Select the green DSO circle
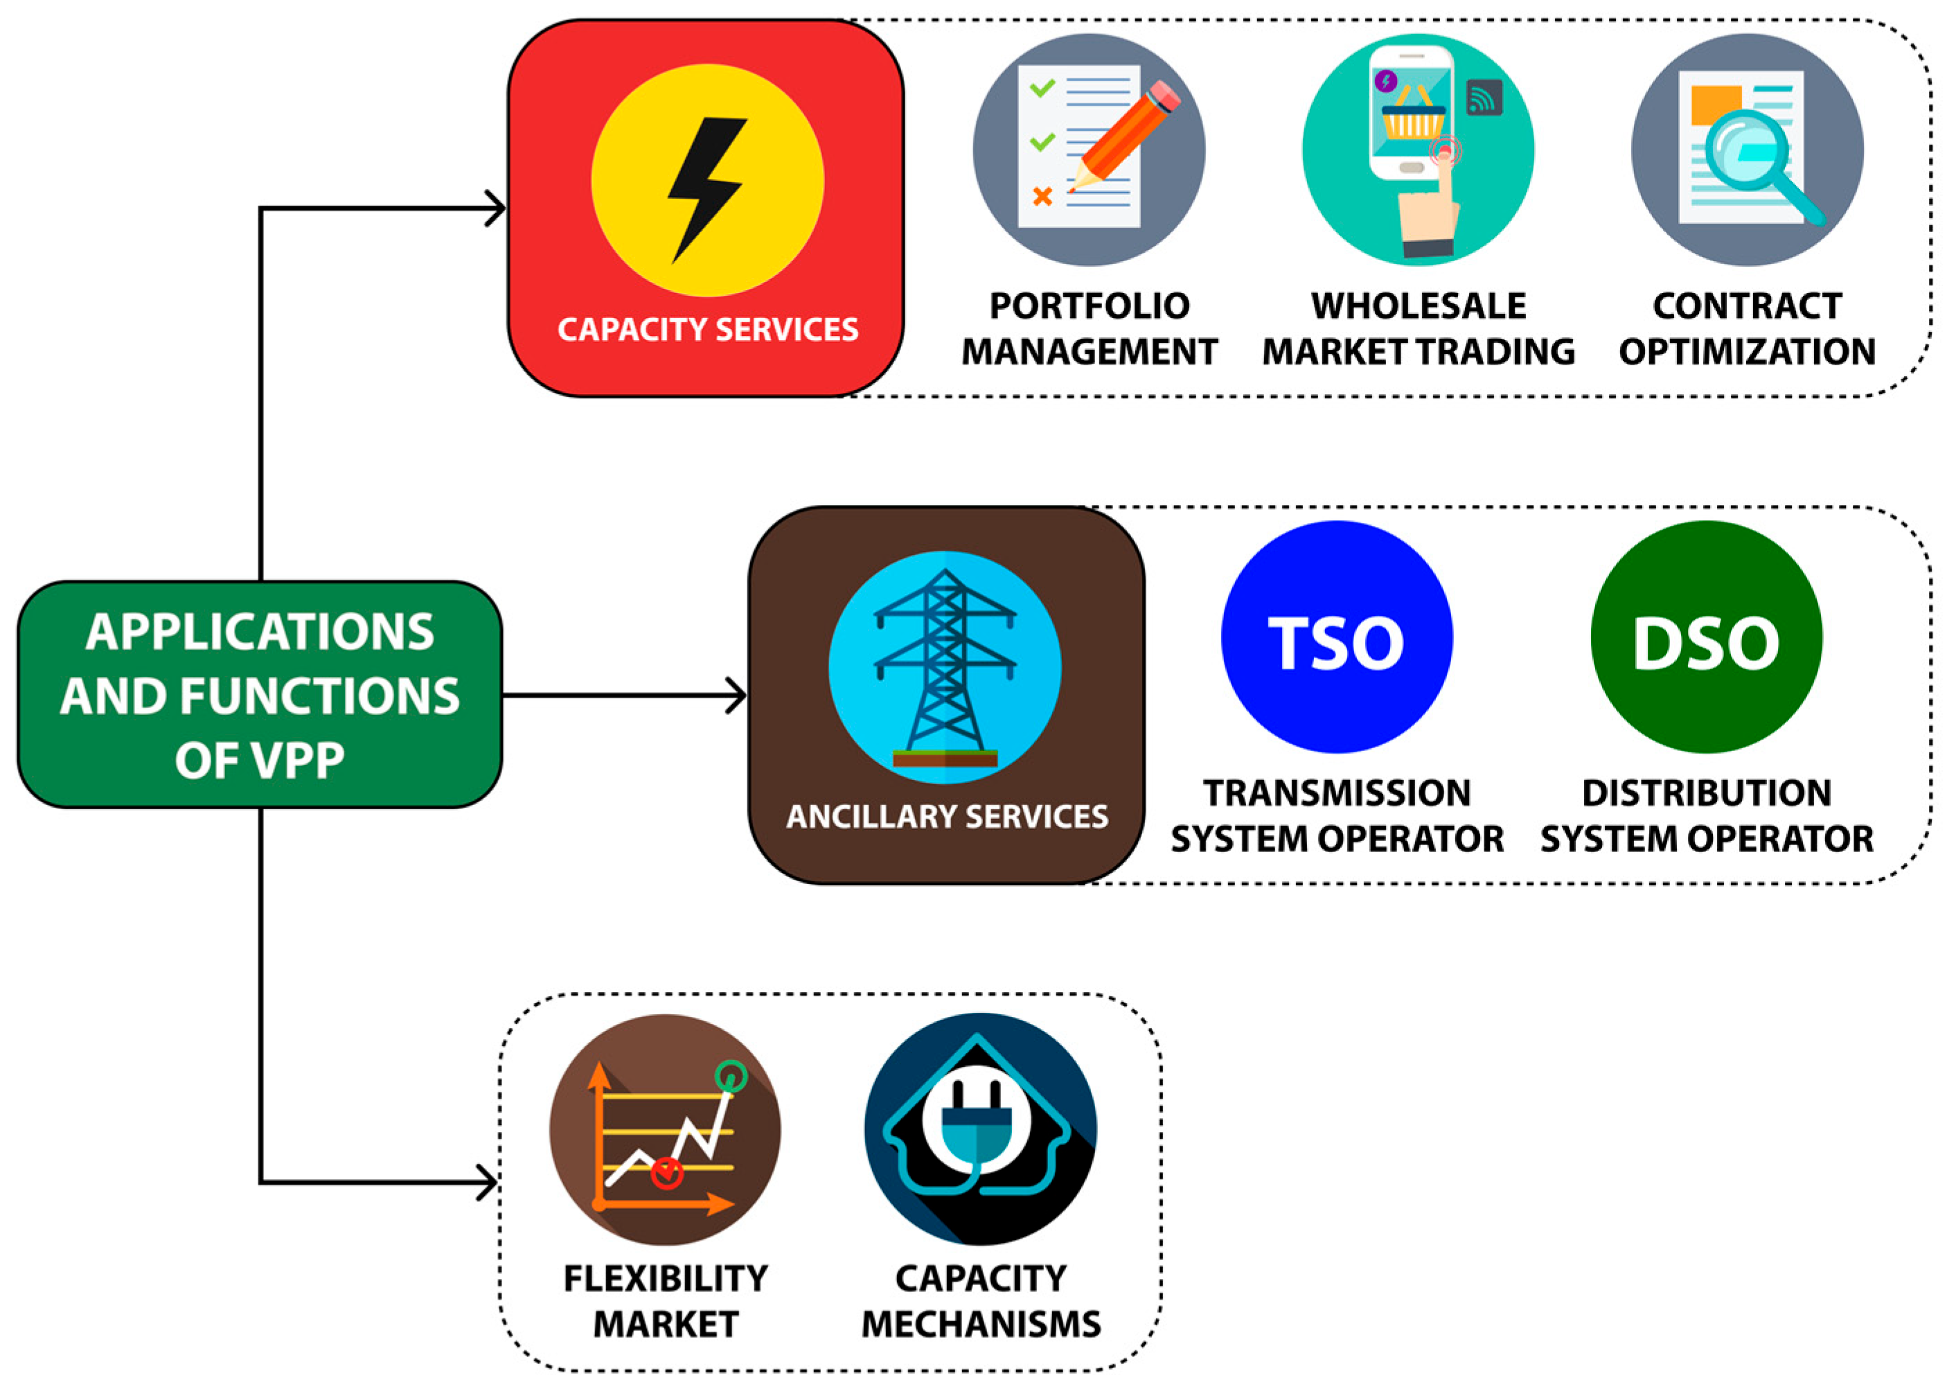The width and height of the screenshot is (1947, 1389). [x=1706, y=637]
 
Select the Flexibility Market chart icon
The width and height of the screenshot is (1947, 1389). [x=665, y=1129]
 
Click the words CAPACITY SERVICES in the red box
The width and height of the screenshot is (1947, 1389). [x=707, y=329]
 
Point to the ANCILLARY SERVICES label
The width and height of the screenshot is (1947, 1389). [x=947, y=817]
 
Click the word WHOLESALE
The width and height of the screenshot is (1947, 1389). [x=1418, y=306]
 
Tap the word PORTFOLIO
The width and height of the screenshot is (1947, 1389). [x=1089, y=306]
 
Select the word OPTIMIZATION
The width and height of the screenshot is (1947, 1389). [x=1747, y=351]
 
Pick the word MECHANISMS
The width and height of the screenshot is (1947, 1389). [x=981, y=1324]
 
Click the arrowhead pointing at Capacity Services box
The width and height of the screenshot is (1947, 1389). [x=496, y=208]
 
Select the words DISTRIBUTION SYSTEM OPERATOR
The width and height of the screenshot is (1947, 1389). [x=1707, y=816]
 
